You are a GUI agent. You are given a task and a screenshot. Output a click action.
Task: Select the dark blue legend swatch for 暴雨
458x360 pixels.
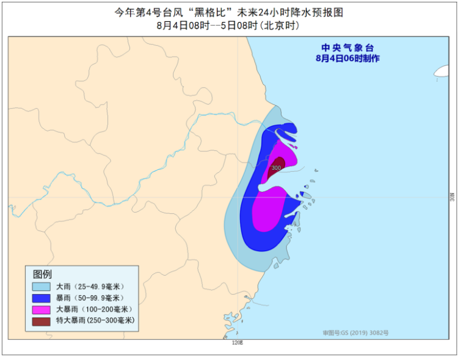point(41,298)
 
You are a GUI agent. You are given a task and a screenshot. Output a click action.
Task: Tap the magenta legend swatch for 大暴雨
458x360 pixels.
point(41,309)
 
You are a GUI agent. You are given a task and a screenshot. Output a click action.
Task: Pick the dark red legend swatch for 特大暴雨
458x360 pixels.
point(41,321)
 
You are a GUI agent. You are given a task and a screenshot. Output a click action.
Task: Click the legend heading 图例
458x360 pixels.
point(42,273)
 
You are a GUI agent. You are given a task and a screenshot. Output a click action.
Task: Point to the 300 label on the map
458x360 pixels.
point(276,167)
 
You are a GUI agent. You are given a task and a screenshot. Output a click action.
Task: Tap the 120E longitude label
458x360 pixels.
point(238,343)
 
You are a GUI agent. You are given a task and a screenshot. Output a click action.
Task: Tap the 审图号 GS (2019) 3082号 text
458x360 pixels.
point(355,332)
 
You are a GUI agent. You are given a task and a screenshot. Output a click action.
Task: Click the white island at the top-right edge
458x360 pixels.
point(442,72)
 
